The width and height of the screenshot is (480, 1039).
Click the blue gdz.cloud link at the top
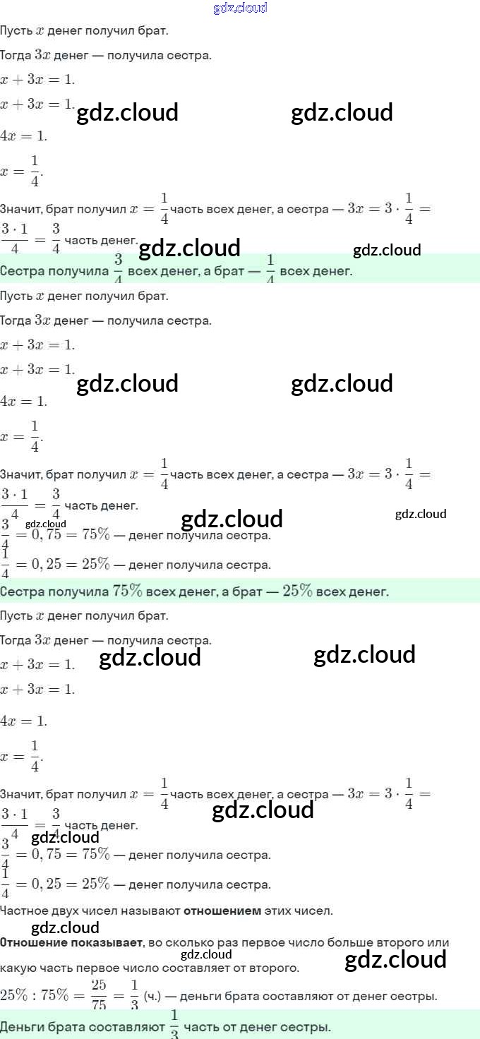pos(240,8)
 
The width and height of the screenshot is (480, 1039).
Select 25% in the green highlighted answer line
pos(297,591)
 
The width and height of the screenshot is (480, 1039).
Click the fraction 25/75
pos(98,996)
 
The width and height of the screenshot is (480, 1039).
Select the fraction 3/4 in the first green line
pos(118,269)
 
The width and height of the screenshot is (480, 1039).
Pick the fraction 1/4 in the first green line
pos(270,269)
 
